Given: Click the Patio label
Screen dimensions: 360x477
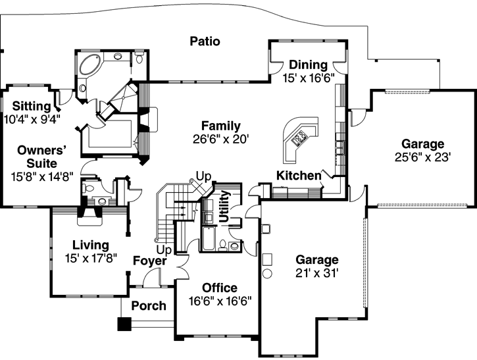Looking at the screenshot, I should tap(205, 41).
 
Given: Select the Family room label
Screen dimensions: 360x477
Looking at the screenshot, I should tap(220, 126).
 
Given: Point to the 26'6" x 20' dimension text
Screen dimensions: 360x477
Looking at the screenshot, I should tap(220, 139).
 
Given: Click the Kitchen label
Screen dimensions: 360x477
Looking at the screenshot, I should tap(298, 176).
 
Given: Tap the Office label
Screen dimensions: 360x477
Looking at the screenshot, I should tap(220, 288).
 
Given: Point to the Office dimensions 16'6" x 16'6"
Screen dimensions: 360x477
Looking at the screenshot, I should tap(220, 301).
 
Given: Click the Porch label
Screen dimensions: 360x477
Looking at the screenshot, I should tap(149, 306).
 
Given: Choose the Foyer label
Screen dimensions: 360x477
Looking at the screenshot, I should tap(150, 261).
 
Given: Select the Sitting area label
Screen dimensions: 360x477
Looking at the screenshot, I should tap(30, 107).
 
